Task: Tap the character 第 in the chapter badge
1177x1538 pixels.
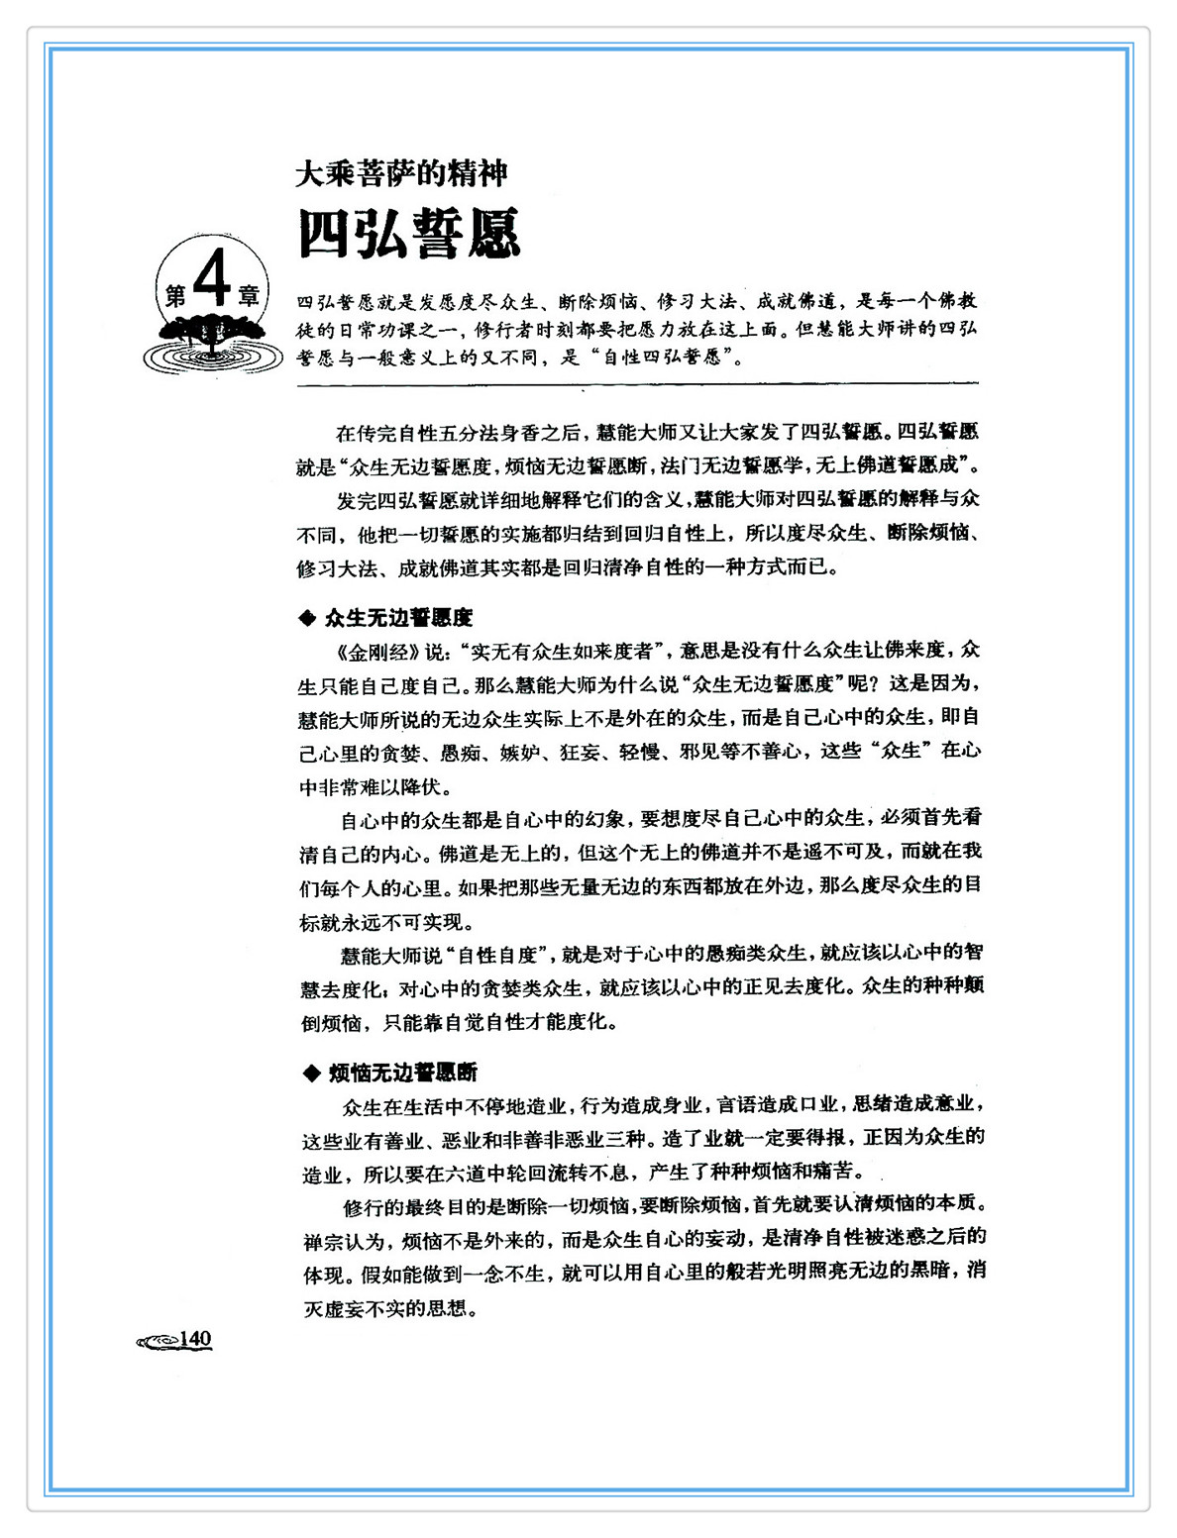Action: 175,296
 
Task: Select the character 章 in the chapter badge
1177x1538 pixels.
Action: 248,296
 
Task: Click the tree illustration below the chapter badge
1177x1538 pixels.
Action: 212,337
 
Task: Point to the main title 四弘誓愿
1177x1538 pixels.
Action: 409,235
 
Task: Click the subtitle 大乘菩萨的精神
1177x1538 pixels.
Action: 401,174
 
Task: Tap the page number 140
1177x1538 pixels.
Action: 196,1339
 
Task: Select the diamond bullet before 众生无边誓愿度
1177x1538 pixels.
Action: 307,619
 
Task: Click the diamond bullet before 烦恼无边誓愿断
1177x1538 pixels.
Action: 310,1073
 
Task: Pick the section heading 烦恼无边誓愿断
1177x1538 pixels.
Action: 403,1073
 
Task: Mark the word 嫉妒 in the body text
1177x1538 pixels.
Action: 520,753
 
